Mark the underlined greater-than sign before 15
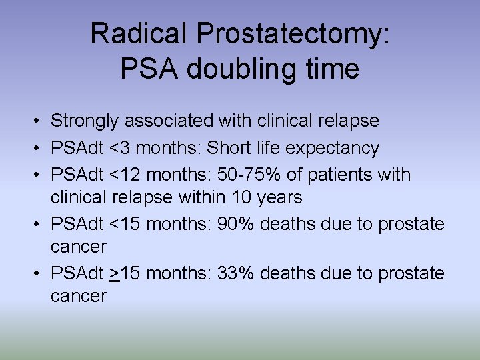pyautogui.click(x=115, y=274)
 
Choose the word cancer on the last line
pyautogui.click(x=79, y=297)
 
